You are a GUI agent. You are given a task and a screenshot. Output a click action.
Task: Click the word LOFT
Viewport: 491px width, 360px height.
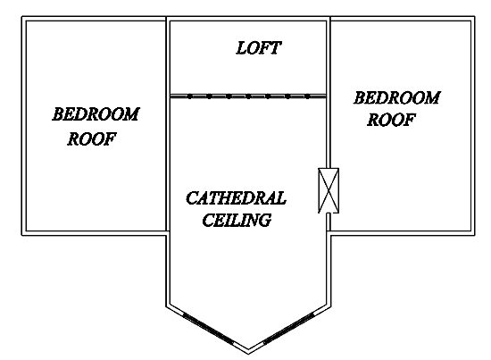pos(258,48)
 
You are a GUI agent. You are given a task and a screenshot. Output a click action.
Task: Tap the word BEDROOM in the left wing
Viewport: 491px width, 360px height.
pos(96,114)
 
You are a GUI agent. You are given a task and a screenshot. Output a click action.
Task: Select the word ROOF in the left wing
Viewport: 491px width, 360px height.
pos(92,138)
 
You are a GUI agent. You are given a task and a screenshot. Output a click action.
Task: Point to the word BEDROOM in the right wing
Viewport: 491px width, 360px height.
pos(397,97)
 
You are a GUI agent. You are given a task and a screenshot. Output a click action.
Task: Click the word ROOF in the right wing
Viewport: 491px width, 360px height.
pos(391,120)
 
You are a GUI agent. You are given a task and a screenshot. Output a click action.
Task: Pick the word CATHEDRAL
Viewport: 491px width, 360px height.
pos(236,198)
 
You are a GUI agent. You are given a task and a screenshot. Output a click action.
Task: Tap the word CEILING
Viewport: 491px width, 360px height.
pos(237,220)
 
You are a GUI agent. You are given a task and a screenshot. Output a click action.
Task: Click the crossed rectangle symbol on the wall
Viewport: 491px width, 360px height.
pos(329,190)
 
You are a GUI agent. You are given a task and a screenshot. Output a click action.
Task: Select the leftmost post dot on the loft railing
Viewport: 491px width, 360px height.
pos(190,96)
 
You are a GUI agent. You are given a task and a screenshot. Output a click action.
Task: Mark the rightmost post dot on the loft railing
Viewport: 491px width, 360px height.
pos(307,96)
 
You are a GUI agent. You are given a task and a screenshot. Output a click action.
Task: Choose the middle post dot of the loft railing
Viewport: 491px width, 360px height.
pos(248,96)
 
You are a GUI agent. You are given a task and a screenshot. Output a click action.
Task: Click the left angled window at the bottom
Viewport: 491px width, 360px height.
pos(208,329)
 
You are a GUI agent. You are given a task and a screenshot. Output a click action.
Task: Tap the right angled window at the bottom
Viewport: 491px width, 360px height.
pos(288,328)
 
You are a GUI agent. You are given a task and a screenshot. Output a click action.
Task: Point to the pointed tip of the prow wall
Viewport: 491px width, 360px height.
pos(248,354)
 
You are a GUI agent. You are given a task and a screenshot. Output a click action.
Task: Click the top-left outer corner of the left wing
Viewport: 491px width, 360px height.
pos(21,17)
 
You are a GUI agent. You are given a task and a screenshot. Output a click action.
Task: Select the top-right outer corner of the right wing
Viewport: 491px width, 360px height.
pos(475,17)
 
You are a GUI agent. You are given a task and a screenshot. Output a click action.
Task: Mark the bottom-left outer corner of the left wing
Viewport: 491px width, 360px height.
pos(21,235)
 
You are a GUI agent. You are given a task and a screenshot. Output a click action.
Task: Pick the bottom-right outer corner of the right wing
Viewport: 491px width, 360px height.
pos(475,235)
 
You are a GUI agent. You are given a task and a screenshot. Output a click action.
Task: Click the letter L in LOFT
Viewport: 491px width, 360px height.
pos(241,48)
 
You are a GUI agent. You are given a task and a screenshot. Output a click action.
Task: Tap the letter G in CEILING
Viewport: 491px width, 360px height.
pos(264,220)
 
